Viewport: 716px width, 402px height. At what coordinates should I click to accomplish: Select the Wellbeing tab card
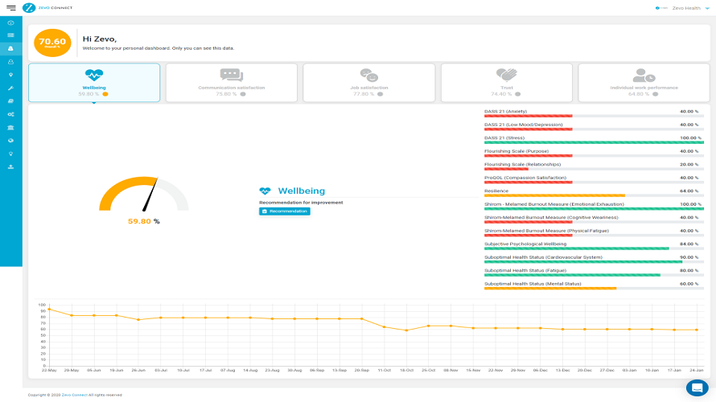coord(94,82)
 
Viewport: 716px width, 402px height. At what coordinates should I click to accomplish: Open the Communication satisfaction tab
coord(232,82)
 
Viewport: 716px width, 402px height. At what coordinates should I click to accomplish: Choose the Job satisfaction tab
coord(370,82)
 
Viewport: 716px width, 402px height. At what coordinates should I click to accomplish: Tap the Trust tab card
coord(507,82)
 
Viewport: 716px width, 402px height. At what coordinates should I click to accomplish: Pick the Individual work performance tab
coord(644,82)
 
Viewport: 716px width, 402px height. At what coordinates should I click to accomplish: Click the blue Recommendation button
coord(285,211)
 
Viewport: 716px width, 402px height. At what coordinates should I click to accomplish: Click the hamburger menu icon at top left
coord(10,7)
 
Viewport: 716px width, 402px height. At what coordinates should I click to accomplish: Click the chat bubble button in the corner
coord(697,388)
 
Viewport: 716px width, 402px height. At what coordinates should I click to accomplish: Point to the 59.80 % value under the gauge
coord(144,221)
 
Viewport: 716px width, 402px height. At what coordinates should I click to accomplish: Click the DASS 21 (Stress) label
coord(504,137)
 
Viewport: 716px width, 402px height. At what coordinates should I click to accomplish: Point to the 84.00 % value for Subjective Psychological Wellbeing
coord(689,243)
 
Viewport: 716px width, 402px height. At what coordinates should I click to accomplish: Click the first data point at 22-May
coord(49,309)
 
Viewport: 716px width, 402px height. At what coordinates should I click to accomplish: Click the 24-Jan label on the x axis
coord(697,370)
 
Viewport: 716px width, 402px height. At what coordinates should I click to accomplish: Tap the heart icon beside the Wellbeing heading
coord(265,191)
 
